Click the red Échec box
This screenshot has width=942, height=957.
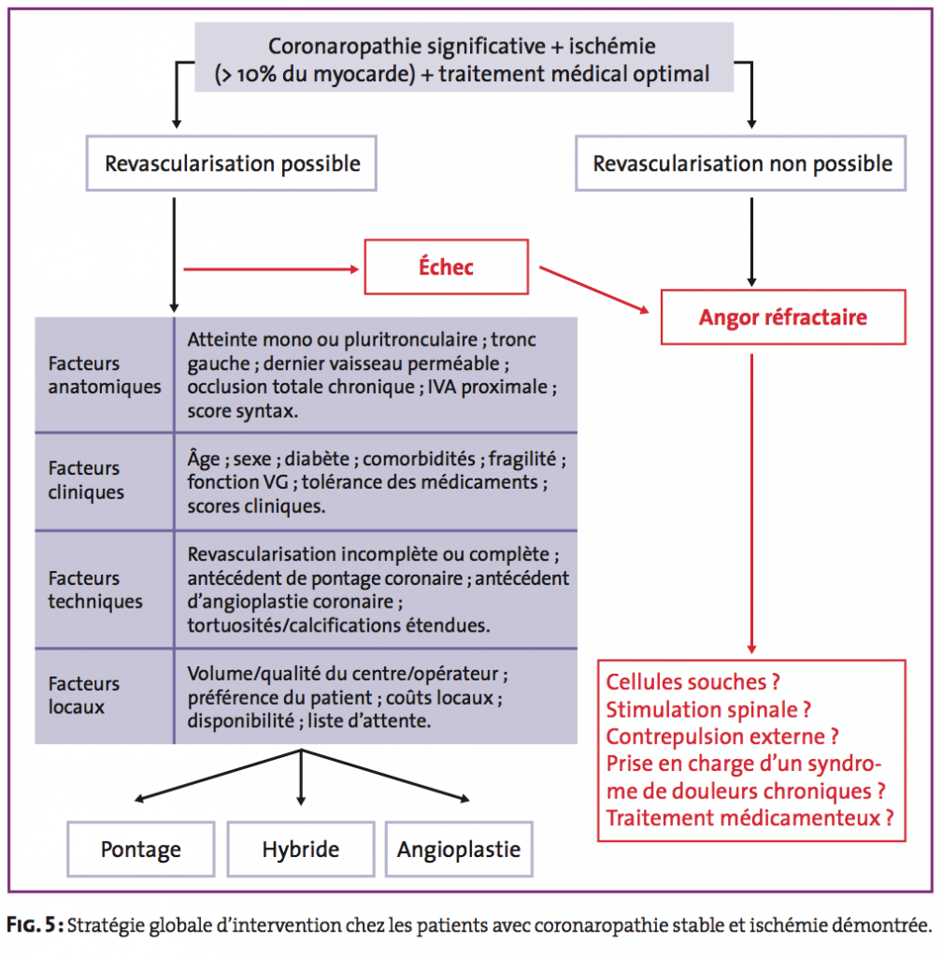[446, 266]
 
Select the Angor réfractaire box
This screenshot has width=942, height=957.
[783, 318]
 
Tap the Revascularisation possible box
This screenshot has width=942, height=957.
[231, 164]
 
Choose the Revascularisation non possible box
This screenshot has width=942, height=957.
[741, 164]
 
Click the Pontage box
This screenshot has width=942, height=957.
[141, 849]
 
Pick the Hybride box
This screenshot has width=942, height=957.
[301, 849]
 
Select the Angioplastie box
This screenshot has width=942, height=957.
[459, 849]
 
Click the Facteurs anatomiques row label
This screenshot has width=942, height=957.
[105, 375]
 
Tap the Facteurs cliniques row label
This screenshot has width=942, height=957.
[86, 480]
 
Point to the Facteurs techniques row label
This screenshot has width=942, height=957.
[95, 590]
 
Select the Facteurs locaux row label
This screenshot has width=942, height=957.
[83, 695]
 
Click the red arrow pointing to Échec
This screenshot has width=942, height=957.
[272, 269]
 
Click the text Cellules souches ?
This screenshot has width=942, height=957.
[693, 681]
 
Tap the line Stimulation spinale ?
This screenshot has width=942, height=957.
[708, 709]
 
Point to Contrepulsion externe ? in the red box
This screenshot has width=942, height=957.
[722, 736]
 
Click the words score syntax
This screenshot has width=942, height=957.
[242, 411]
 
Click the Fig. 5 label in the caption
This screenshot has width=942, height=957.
[36, 925]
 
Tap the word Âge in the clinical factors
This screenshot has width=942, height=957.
[204, 458]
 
